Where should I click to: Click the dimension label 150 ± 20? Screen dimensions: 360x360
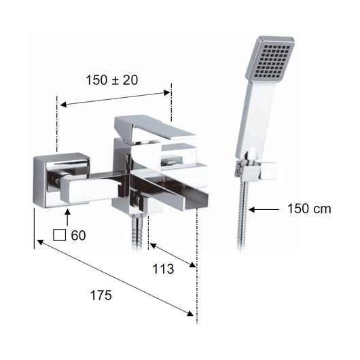pos(112,80)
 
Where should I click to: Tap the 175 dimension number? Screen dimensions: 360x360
pos(101,295)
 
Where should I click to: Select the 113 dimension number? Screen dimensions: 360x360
pos(163,269)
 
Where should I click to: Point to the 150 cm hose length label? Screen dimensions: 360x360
pos(309,209)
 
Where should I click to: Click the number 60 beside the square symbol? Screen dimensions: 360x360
pos(78,235)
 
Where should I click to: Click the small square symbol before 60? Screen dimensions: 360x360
pos(60,235)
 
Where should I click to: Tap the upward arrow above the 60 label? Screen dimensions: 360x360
pos(67,217)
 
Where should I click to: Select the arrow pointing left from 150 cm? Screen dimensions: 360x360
pos(264,209)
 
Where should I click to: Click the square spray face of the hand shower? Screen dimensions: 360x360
pos(270,59)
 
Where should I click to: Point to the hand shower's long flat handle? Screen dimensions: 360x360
pos(257,117)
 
